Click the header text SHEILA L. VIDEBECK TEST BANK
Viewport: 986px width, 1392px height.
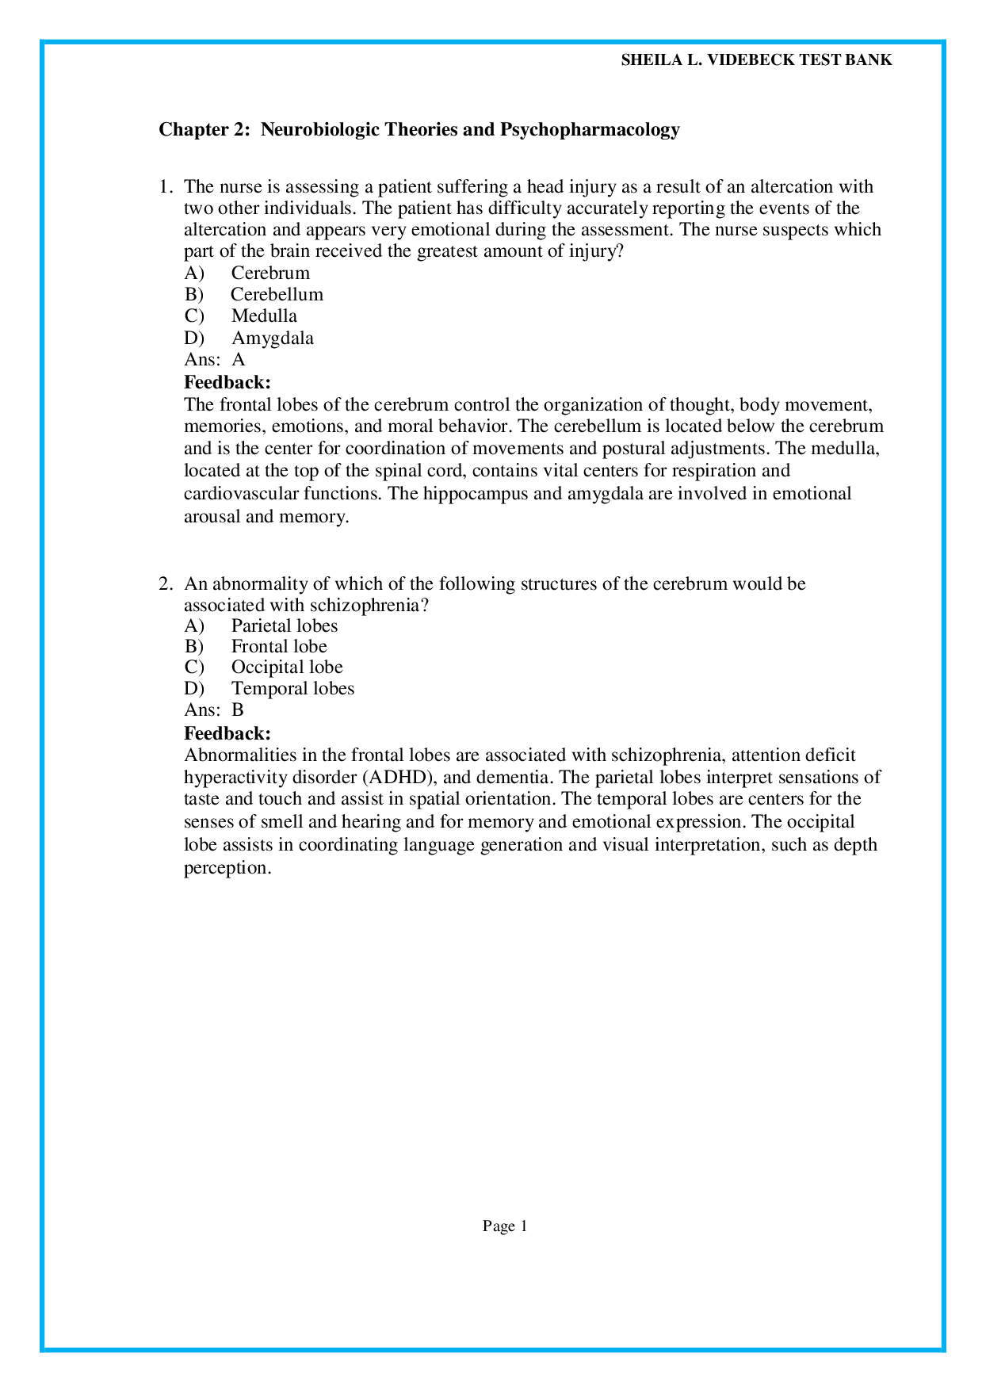(756, 60)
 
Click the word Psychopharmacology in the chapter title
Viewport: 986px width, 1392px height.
(589, 129)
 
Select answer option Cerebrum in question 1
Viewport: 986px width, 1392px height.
(270, 273)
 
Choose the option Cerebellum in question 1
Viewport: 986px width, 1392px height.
(277, 295)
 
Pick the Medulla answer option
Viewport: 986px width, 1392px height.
(264, 316)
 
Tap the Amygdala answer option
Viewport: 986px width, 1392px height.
(272, 338)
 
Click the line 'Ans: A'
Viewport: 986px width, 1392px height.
(214, 360)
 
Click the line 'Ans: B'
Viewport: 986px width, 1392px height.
(214, 710)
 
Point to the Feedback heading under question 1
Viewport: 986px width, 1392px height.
(227, 383)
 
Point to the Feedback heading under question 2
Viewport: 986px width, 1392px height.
(227, 733)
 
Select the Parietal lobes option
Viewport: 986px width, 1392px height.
(284, 626)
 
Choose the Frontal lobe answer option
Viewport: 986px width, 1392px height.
(278, 647)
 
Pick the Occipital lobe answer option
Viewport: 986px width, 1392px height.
(286, 667)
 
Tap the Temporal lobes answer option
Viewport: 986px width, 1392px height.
(292, 689)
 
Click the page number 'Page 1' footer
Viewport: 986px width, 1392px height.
(505, 1226)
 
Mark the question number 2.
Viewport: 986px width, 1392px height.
(165, 584)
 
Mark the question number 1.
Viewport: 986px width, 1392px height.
(165, 188)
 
